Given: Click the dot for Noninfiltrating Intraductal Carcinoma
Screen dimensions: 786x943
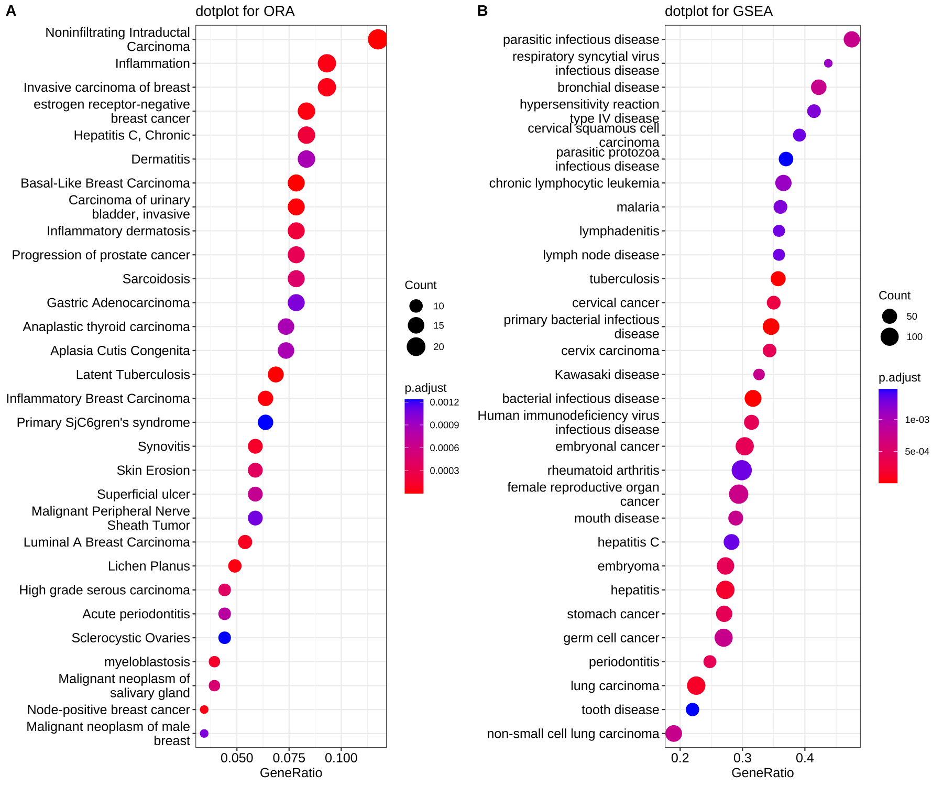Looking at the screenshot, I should point(377,39).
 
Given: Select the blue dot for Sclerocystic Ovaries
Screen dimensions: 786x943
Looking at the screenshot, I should point(224,638).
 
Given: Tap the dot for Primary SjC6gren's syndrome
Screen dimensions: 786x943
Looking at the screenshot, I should point(266,422).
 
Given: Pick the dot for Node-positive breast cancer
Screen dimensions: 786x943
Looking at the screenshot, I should point(204,709).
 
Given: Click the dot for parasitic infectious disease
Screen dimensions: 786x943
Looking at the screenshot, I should point(852,39).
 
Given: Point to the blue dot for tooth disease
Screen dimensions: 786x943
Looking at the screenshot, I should point(692,709).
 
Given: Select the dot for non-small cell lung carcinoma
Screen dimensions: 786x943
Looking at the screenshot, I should point(674,734).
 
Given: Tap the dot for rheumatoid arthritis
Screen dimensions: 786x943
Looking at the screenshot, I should point(741,471).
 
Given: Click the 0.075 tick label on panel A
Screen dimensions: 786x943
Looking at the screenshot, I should point(289,758).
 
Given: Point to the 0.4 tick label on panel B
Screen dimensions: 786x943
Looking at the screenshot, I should point(805,758).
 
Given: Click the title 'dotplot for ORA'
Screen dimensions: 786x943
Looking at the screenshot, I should point(245,12).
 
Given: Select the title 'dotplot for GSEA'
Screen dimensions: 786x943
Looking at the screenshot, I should point(718,12).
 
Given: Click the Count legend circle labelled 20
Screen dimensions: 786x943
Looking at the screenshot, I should point(416,347).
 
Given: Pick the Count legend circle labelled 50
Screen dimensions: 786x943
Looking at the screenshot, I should point(890,316).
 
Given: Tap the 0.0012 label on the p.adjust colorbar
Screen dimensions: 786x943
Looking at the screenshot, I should point(444,402).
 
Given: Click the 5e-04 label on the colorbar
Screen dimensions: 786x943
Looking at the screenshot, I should point(917,452).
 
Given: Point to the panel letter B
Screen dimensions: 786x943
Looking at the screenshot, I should point(483,11).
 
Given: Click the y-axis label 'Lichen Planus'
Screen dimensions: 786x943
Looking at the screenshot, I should point(149,566).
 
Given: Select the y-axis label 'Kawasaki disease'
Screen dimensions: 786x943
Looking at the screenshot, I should point(607,375).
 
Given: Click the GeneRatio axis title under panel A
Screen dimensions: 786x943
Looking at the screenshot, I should point(291,773).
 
